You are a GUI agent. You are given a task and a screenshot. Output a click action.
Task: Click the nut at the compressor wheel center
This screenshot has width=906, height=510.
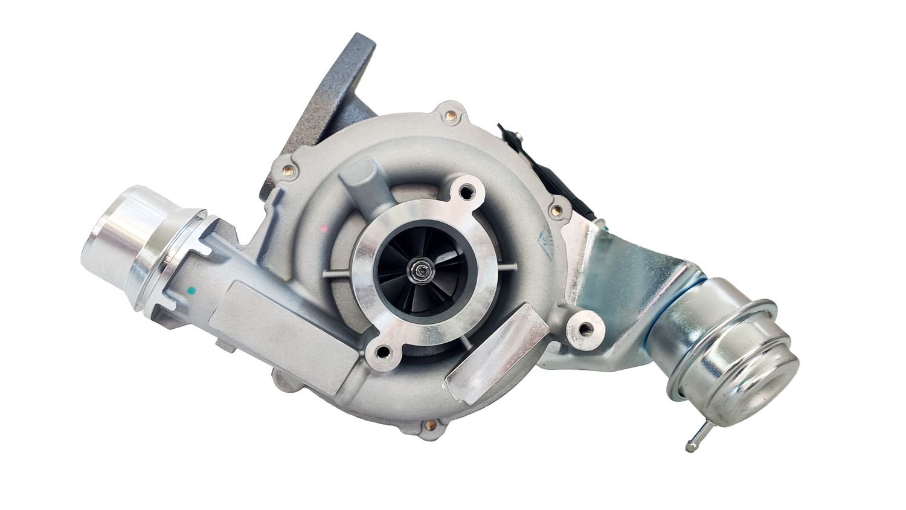pyautogui.click(x=419, y=266)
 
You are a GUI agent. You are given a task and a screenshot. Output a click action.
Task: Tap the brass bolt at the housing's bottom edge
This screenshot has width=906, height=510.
pyautogui.click(x=429, y=425)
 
